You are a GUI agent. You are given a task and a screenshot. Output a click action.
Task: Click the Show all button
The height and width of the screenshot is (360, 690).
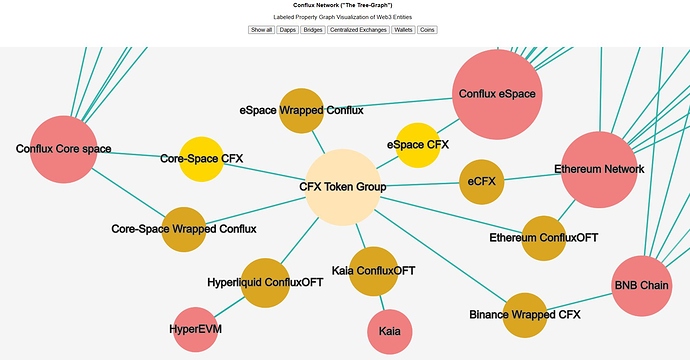[261, 30]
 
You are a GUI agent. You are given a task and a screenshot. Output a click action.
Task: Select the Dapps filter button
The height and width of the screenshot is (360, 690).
[288, 30]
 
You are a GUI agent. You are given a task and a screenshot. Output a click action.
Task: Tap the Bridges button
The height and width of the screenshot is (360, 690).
[312, 30]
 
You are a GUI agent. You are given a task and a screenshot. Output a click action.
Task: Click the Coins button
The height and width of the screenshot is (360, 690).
[427, 30]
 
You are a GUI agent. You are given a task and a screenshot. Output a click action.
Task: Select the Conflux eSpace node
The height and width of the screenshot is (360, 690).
[497, 93]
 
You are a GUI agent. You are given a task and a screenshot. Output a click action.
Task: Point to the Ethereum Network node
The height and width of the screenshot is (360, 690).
[599, 169]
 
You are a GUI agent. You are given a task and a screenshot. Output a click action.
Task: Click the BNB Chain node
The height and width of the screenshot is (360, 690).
[641, 286]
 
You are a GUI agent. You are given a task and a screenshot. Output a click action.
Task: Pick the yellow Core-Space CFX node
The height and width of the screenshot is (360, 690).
[202, 159]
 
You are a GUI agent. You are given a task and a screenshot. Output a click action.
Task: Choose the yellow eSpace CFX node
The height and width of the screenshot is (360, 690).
[418, 145]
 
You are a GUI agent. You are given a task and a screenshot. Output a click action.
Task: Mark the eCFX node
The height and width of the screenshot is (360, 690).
[481, 181]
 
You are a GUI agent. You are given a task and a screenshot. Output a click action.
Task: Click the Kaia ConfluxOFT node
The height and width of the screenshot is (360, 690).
[373, 270]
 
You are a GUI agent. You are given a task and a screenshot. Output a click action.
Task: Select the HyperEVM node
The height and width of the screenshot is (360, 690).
[195, 328]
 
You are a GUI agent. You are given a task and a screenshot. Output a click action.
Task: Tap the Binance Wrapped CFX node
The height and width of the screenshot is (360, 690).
[525, 315]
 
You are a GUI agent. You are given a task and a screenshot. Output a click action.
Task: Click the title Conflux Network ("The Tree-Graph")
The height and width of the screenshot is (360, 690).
[345, 5]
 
